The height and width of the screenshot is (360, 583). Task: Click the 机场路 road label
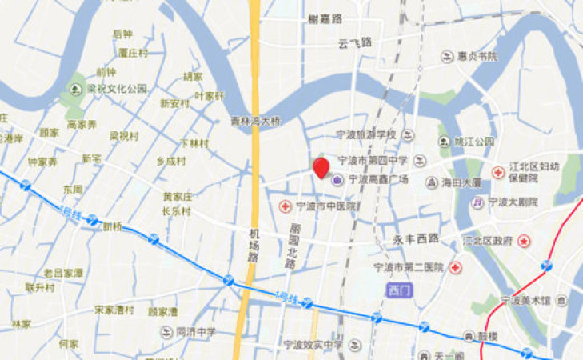(254, 244)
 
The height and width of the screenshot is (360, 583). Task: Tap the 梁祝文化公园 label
(118, 88)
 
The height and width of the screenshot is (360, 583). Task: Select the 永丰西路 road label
(417, 238)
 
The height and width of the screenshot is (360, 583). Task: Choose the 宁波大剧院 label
(513, 202)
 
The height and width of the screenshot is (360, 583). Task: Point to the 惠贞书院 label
(477, 57)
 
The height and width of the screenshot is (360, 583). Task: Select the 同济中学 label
(196, 331)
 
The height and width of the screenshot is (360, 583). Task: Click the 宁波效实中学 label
(313, 345)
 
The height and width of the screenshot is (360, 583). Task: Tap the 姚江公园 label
(473, 142)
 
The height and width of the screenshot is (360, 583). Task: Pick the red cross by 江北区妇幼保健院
(497, 172)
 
